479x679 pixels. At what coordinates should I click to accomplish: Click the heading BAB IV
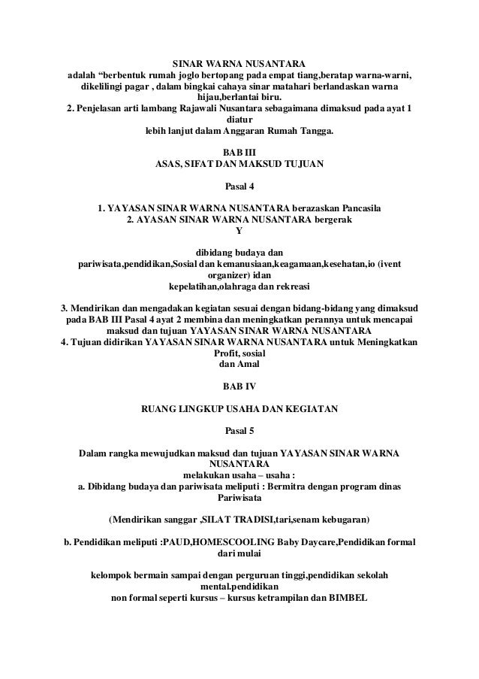[239, 386]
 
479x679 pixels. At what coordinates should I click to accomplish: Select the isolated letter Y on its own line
[239, 230]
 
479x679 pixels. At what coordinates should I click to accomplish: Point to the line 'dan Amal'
[239, 365]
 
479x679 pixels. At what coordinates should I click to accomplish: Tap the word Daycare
[317, 543]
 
